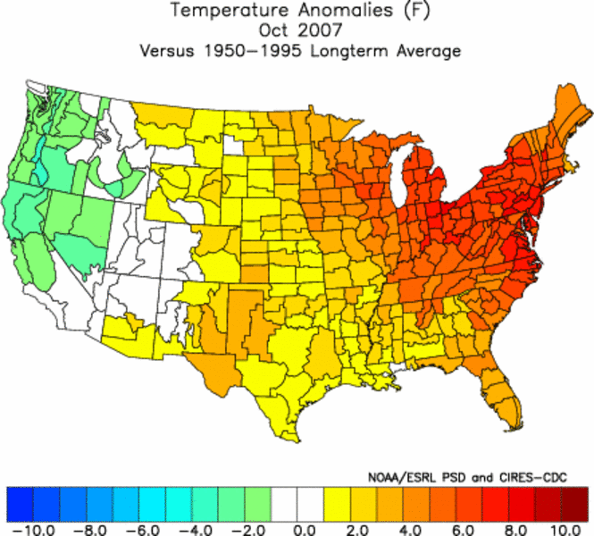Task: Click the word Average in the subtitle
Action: coord(427,50)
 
